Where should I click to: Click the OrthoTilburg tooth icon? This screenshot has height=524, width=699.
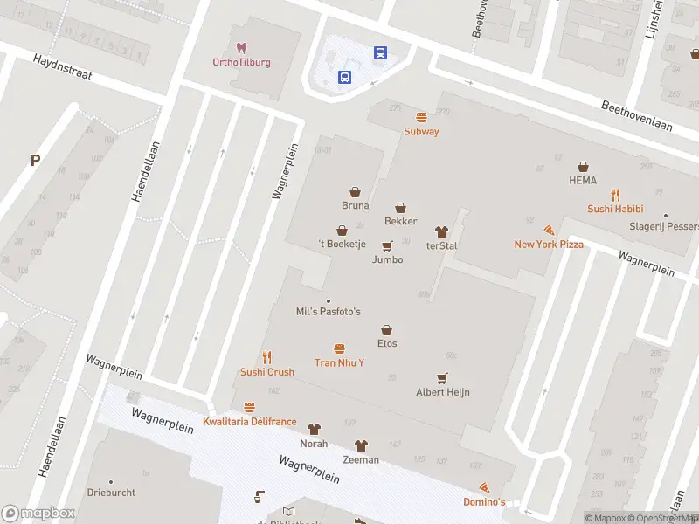[242, 47]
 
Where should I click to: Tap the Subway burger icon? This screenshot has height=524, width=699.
[421, 117]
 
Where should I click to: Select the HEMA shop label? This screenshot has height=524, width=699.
[583, 181]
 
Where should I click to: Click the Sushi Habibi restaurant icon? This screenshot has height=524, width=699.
[615, 195]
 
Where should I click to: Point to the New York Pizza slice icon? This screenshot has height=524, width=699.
[549, 230]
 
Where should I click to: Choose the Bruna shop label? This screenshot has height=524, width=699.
[355, 206]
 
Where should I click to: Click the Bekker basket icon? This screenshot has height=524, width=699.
[400, 208]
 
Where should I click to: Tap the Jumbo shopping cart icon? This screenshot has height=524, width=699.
[387, 245]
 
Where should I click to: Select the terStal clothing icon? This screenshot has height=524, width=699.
[441, 231]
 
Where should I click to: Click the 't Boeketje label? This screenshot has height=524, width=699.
[342, 245]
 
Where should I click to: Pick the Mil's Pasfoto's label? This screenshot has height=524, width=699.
[329, 312]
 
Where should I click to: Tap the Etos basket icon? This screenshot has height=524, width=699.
[387, 329]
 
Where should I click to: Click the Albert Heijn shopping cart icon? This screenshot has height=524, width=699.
[443, 378]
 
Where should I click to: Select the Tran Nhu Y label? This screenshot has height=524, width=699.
[339, 362]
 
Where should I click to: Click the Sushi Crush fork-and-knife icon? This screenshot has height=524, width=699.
[267, 357]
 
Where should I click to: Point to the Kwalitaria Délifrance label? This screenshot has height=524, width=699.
[249, 422]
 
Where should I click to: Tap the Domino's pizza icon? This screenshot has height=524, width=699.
[484, 488]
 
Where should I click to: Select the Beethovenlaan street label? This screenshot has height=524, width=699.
[636, 115]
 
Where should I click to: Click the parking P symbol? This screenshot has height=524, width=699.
[36, 160]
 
